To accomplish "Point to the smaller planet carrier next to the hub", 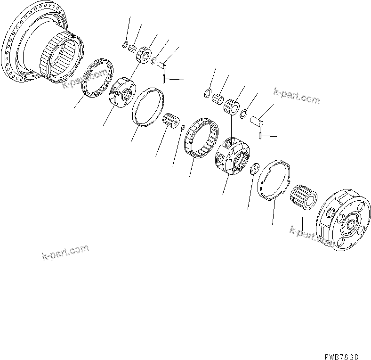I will (122, 92).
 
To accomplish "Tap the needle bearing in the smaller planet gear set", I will (132, 48).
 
